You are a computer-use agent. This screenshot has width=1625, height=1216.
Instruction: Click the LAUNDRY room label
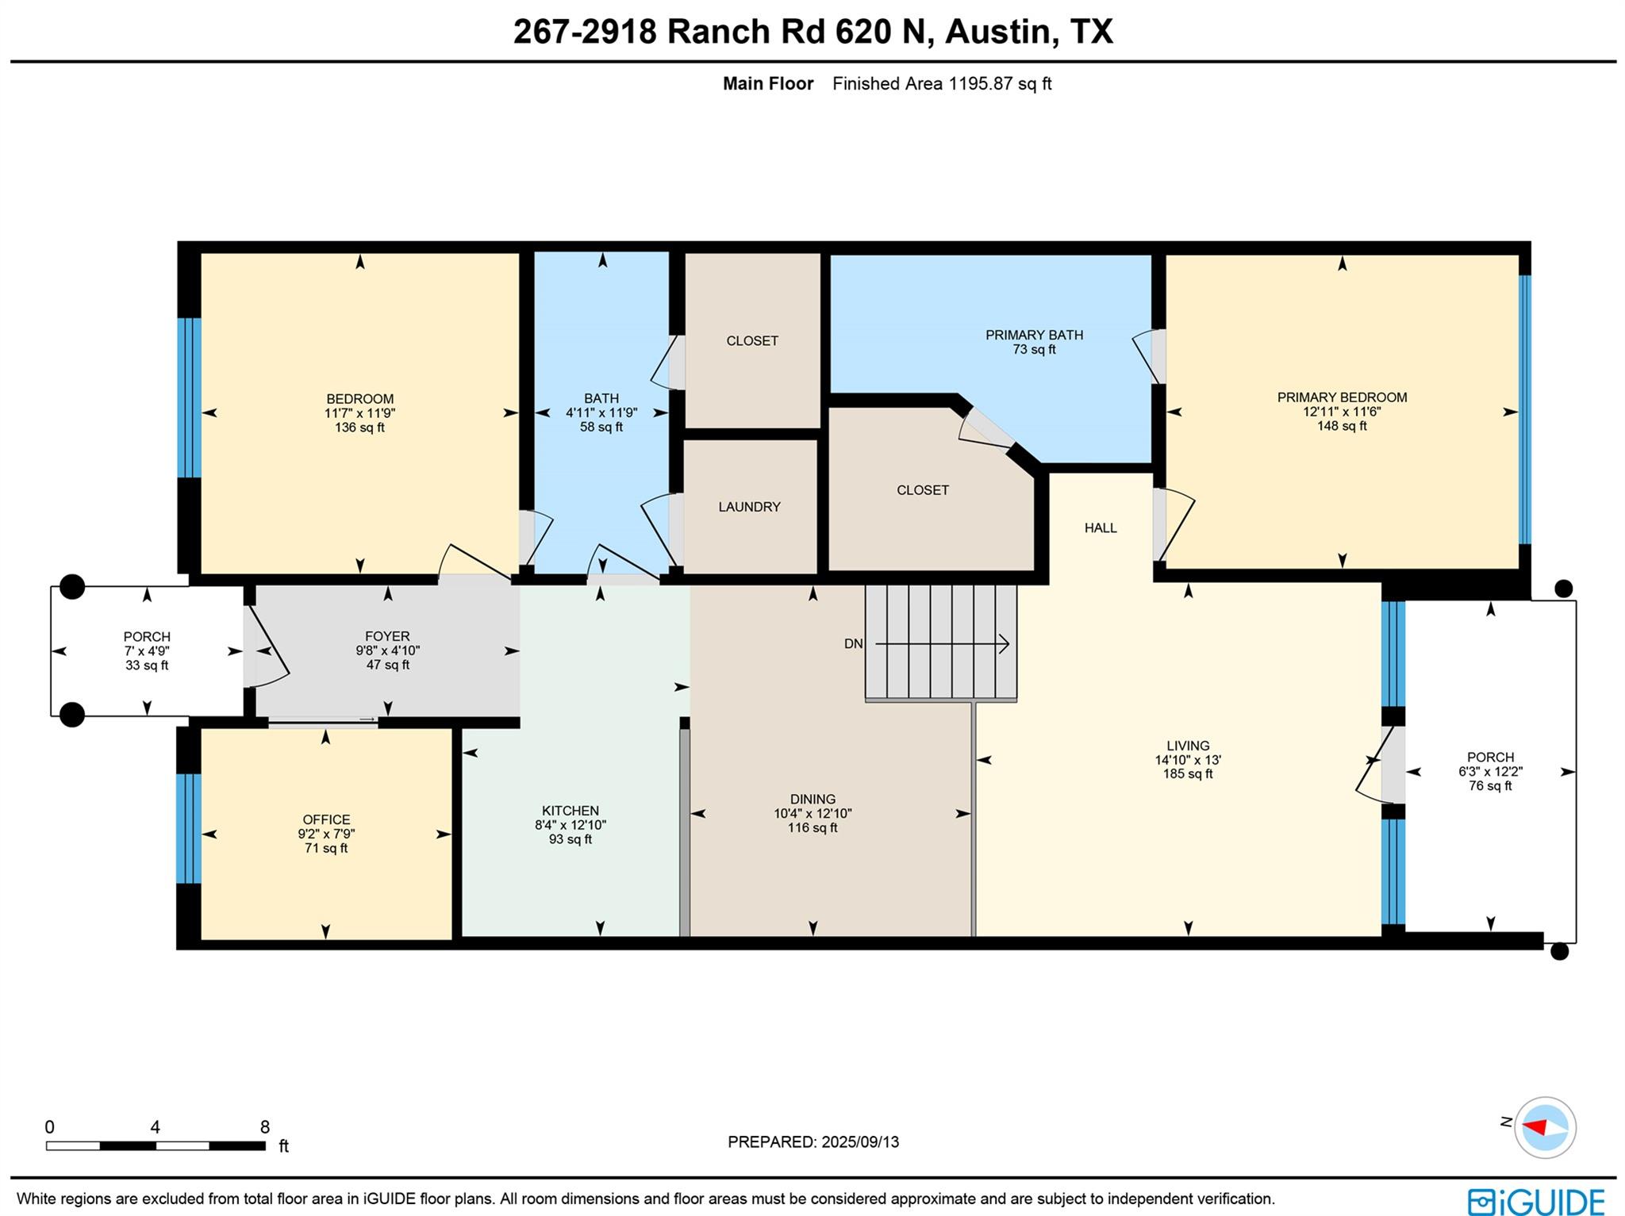pos(749,507)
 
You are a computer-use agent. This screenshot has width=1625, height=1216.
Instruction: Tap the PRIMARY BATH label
pos(1034,335)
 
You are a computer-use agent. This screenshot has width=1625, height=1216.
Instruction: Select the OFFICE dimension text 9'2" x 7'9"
pos(326,834)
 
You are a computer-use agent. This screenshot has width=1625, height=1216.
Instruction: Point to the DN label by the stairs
pos(853,644)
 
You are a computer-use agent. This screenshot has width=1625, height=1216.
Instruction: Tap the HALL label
pos(1101,527)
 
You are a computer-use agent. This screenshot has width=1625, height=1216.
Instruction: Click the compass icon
pos(1544,1127)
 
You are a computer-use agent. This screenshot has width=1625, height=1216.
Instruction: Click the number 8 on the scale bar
pos(265,1127)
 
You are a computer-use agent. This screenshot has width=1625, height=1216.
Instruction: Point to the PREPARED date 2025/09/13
pos(860,1142)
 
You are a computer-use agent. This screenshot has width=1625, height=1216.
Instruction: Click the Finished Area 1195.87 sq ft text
pos(942,83)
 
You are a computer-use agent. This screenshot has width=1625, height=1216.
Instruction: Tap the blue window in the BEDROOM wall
pos(189,397)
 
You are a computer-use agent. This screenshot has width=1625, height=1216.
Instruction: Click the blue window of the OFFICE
pos(188,828)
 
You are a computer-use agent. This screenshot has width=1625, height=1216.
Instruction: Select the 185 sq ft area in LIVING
pos(1188,774)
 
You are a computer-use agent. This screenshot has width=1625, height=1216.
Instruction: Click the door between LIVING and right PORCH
pos(1392,765)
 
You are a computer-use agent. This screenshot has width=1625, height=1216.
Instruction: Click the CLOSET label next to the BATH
pos(752,341)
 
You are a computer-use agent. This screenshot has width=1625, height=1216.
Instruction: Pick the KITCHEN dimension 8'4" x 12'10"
pos(570,825)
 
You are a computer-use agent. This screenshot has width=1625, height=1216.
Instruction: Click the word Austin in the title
pos(997,32)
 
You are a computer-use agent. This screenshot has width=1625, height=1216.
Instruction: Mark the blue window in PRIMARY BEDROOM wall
pos(1524,409)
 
